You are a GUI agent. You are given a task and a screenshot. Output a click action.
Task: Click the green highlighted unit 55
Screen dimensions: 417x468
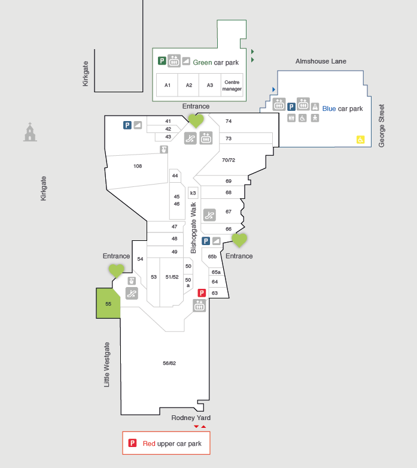point(108,303)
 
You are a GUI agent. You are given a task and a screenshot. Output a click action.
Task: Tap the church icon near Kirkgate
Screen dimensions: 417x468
point(30,132)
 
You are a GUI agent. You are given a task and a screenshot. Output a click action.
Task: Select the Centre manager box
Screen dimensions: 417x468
point(232,85)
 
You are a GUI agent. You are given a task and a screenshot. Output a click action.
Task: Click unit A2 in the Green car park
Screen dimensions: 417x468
point(188,85)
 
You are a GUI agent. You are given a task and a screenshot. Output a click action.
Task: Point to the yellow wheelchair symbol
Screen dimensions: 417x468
point(360,140)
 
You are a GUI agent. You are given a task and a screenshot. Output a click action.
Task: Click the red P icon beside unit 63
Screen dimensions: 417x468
point(202,293)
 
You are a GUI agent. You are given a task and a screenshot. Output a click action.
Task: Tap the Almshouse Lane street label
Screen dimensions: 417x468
point(321,61)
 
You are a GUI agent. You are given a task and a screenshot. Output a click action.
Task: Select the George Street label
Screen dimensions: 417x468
point(382,126)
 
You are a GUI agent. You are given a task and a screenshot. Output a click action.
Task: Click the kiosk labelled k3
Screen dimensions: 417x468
point(193,193)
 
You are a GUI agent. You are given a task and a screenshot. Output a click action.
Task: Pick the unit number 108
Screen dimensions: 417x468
point(138,166)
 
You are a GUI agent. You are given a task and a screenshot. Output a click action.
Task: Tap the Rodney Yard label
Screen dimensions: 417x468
point(191,418)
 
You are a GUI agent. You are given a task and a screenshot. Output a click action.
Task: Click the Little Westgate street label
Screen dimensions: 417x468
point(106,364)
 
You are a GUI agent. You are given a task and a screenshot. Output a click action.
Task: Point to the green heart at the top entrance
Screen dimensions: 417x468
point(196,120)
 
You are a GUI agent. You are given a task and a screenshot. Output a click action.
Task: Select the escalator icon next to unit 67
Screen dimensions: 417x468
point(209,215)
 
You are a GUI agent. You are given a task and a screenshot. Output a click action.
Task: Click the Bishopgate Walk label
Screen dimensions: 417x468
point(193,228)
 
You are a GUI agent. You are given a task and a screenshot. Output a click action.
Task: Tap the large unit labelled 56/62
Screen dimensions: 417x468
point(169,363)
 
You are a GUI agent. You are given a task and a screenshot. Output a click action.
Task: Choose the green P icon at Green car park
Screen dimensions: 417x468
point(162,61)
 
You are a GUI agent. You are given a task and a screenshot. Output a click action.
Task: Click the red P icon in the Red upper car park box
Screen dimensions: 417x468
point(132,443)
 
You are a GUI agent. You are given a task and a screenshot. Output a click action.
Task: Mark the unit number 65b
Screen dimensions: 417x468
point(212,256)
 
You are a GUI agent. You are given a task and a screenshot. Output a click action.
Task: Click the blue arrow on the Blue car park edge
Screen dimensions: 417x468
point(273,89)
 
